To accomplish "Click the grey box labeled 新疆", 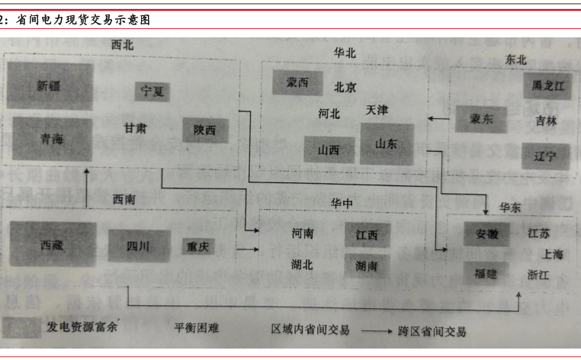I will [51, 86].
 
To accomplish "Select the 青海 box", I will [51, 139].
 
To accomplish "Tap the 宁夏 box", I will [152, 92].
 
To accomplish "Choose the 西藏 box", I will [53, 245].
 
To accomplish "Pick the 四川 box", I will [138, 246].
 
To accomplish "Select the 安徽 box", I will [486, 234].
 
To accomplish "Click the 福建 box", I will [486, 272].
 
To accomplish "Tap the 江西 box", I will [366, 235].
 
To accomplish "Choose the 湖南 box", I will [366, 266].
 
